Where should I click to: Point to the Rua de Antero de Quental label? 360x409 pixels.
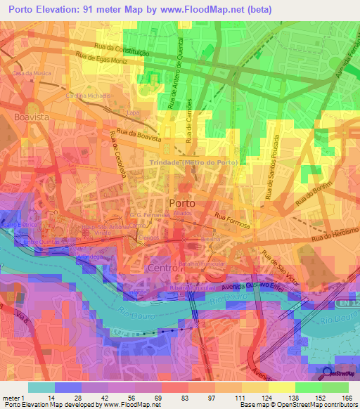pos(176,82)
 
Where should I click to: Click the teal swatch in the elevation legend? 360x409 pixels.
pos(41,387)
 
